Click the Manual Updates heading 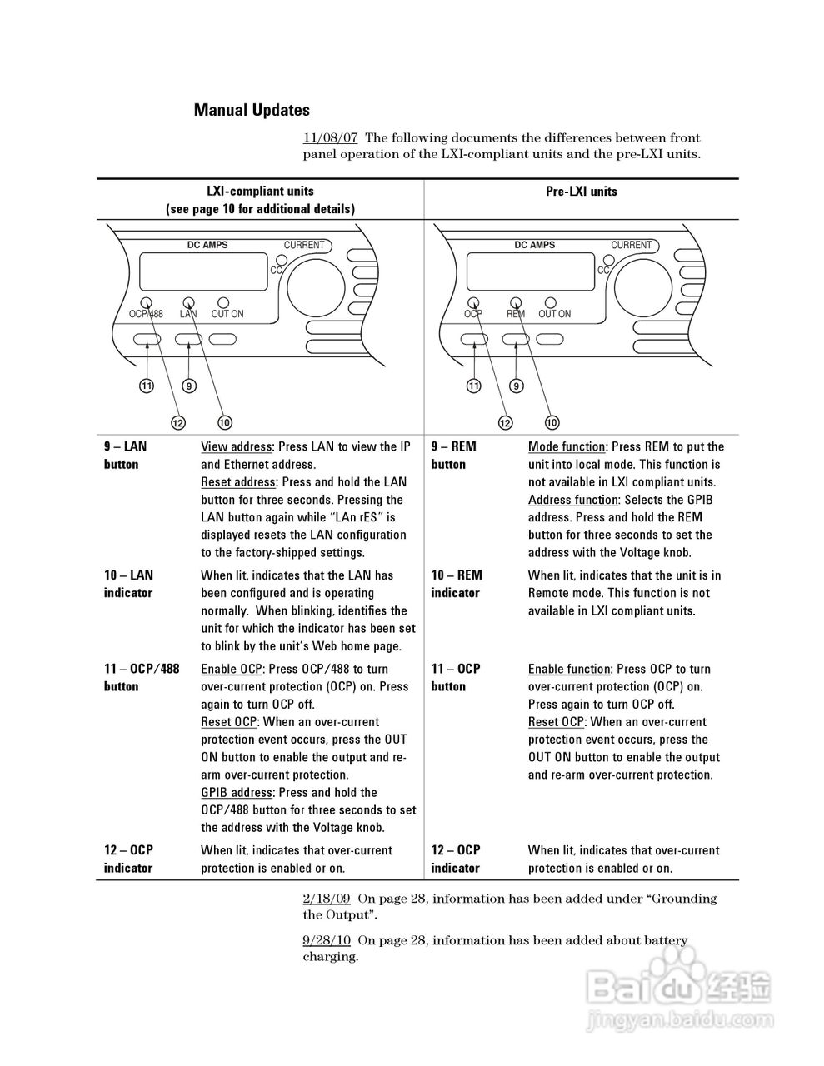(252, 110)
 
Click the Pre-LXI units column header (581, 192)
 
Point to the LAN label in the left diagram (188, 314)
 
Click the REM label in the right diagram (516, 314)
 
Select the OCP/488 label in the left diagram (146, 314)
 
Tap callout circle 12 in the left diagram (177, 423)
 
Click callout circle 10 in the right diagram (552, 423)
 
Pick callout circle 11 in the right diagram (474, 386)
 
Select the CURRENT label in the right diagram (631, 245)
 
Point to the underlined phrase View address (237, 447)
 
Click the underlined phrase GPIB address (237, 793)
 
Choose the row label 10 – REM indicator (456, 584)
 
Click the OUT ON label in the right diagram (554, 314)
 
